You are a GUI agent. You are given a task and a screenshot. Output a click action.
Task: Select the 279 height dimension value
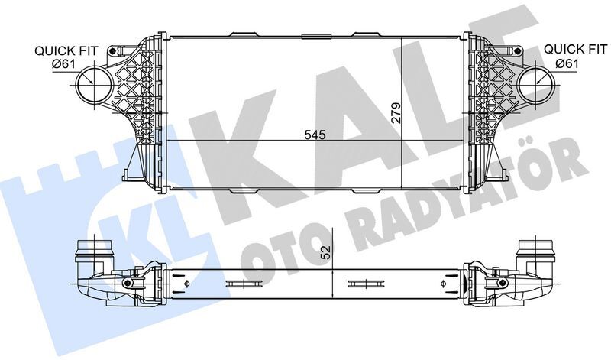click(396, 112)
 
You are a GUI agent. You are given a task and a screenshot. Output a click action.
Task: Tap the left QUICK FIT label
click(66, 50)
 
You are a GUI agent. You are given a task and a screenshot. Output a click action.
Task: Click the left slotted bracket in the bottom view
click(242, 285)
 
